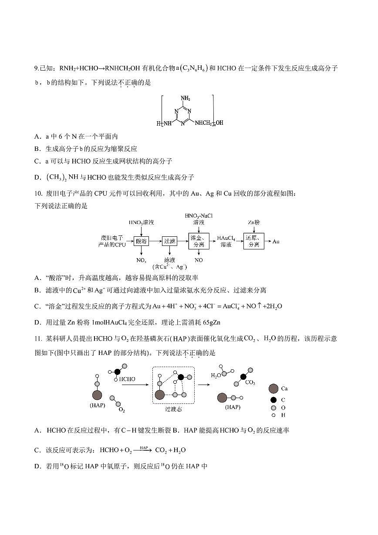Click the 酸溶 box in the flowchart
141,241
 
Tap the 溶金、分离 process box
199,241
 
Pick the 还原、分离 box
254,241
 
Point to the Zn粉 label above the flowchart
254,222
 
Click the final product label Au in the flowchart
276,241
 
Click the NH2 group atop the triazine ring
186,99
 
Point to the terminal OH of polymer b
219,123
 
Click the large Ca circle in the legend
273,388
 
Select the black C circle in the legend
273,400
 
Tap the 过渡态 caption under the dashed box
173,409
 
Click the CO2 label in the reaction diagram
250,382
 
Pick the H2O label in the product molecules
216,375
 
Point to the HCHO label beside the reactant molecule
127,379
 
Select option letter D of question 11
37,467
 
